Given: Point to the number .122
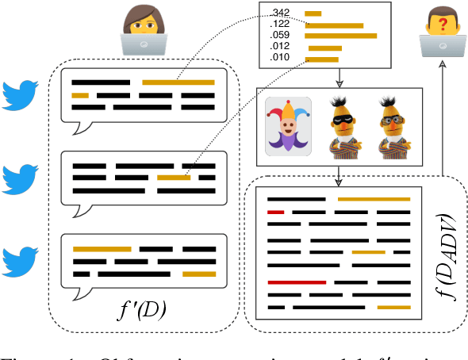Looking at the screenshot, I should (x=279, y=25).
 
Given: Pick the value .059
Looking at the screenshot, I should (x=279, y=36).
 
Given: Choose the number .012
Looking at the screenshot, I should (x=279, y=48).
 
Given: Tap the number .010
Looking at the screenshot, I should (x=279, y=59).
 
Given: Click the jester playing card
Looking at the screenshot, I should (x=288, y=125).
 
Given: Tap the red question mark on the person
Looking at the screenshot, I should (x=444, y=25).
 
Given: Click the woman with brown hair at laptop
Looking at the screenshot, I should (x=143, y=30).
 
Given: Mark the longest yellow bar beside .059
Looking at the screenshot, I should (x=341, y=36).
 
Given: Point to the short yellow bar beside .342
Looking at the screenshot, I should (x=313, y=13).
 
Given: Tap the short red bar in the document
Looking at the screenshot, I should (x=276, y=213).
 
